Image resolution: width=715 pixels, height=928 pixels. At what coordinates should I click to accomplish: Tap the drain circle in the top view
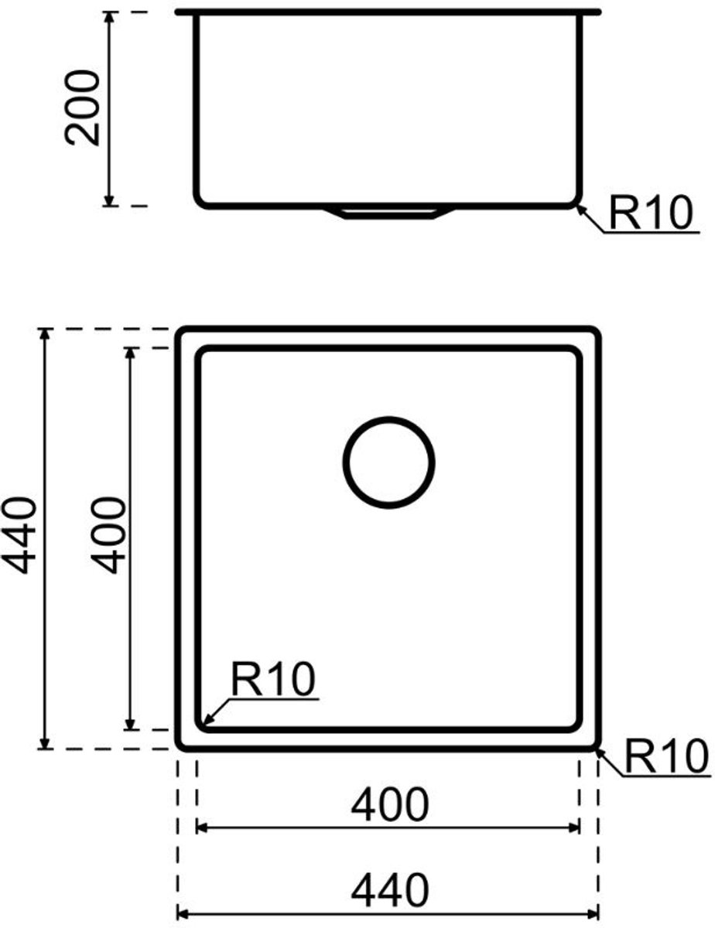pyautogui.click(x=388, y=462)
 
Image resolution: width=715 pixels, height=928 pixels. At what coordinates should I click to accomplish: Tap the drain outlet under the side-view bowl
pyautogui.click(x=389, y=213)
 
